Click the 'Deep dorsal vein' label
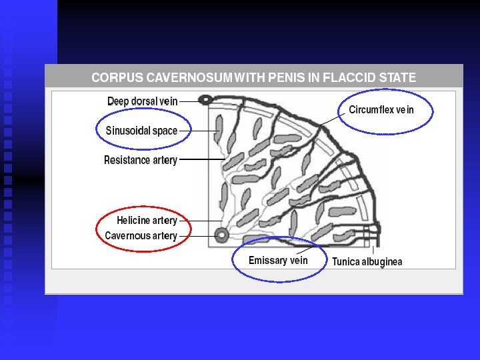click(142, 101)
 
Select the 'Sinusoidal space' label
click(141, 131)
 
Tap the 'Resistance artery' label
click(141, 160)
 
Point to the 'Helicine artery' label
click(147, 221)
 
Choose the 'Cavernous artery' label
click(141, 236)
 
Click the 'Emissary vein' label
click(278, 260)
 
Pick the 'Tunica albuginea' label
click(367, 262)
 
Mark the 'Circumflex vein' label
click(381, 110)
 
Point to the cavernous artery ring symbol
click(220, 235)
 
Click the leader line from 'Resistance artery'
click(200, 160)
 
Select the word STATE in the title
click(397, 77)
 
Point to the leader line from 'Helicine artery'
click(200, 221)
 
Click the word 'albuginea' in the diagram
click(383, 262)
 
